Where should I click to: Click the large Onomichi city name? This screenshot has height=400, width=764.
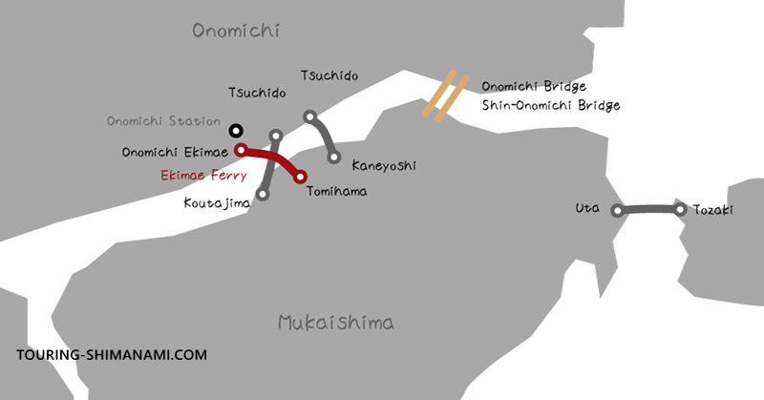click(235, 32)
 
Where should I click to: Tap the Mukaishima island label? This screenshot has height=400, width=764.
click(336, 322)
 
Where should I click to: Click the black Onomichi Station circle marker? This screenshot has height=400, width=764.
click(236, 130)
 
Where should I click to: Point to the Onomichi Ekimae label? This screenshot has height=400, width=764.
click(175, 151)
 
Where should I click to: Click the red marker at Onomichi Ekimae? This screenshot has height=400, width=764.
click(242, 150)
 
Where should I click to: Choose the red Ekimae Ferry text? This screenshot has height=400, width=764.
click(202, 176)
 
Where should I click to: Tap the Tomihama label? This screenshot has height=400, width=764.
click(336, 191)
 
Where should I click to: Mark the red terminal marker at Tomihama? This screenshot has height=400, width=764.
click(301, 177)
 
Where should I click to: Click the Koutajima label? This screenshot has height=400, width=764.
click(217, 202)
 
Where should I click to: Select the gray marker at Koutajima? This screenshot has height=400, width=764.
click(263, 196)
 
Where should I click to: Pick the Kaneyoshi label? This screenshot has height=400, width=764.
click(385, 165)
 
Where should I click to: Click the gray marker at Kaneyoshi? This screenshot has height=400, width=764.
click(334, 158)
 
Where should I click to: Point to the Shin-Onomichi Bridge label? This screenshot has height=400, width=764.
click(551, 105)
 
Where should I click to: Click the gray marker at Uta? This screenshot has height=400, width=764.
click(618, 210)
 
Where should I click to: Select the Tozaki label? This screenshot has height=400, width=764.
click(712, 209)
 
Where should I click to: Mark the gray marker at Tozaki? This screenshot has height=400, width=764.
click(680, 208)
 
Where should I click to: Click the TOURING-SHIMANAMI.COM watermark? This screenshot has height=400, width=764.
click(112, 354)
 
